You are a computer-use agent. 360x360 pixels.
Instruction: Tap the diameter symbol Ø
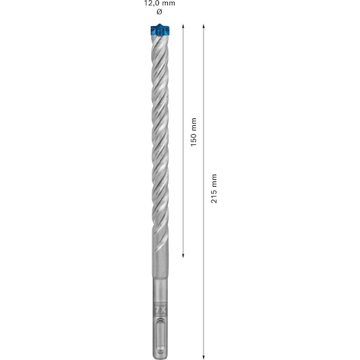click(159, 12)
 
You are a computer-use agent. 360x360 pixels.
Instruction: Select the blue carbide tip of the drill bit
click(160, 30)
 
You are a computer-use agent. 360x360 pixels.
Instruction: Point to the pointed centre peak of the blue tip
click(160, 24)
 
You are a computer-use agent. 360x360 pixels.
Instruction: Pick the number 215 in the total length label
click(214, 196)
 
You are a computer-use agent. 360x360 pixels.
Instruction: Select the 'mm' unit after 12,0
click(169, 3)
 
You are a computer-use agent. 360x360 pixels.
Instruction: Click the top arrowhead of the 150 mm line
click(183, 26)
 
